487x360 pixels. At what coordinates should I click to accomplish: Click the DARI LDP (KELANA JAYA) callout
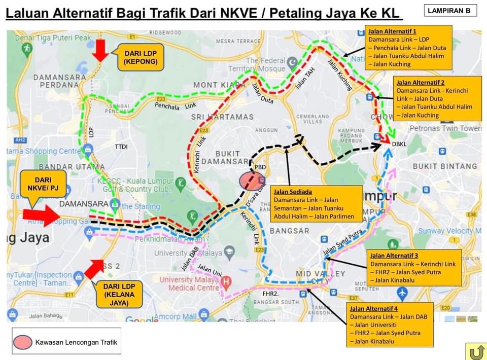pyautogui.click(x=118, y=295)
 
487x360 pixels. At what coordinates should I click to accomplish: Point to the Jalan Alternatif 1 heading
pyautogui.click(x=388, y=32)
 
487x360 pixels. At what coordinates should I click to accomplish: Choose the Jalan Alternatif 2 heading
pyautogui.click(x=421, y=82)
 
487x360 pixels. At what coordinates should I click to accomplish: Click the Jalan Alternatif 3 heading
pyautogui.click(x=394, y=256)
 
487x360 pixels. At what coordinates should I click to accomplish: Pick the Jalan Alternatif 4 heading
pyautogui.click(x=374, y=308)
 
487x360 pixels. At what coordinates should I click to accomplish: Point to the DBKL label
pyautogui.click(x=399, y=145)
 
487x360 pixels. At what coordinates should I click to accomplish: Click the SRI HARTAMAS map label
pyautogui.click(x=222, y=117)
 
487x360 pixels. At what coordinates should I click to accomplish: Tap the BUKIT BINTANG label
pyautogui.click(x=444, y=166)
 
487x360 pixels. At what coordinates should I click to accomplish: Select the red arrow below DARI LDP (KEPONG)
pyautogui.click(x=100, y=50)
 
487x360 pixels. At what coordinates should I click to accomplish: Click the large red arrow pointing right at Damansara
pyautogui.click(x=41, y=215)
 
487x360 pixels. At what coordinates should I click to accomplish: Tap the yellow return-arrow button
pyautogui.click(x=476, y=351)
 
